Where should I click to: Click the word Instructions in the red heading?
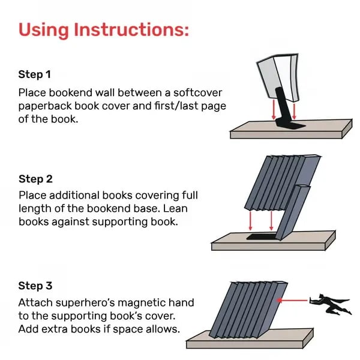click(x=130, y=31)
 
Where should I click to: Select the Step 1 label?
click(x=35, y=75)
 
